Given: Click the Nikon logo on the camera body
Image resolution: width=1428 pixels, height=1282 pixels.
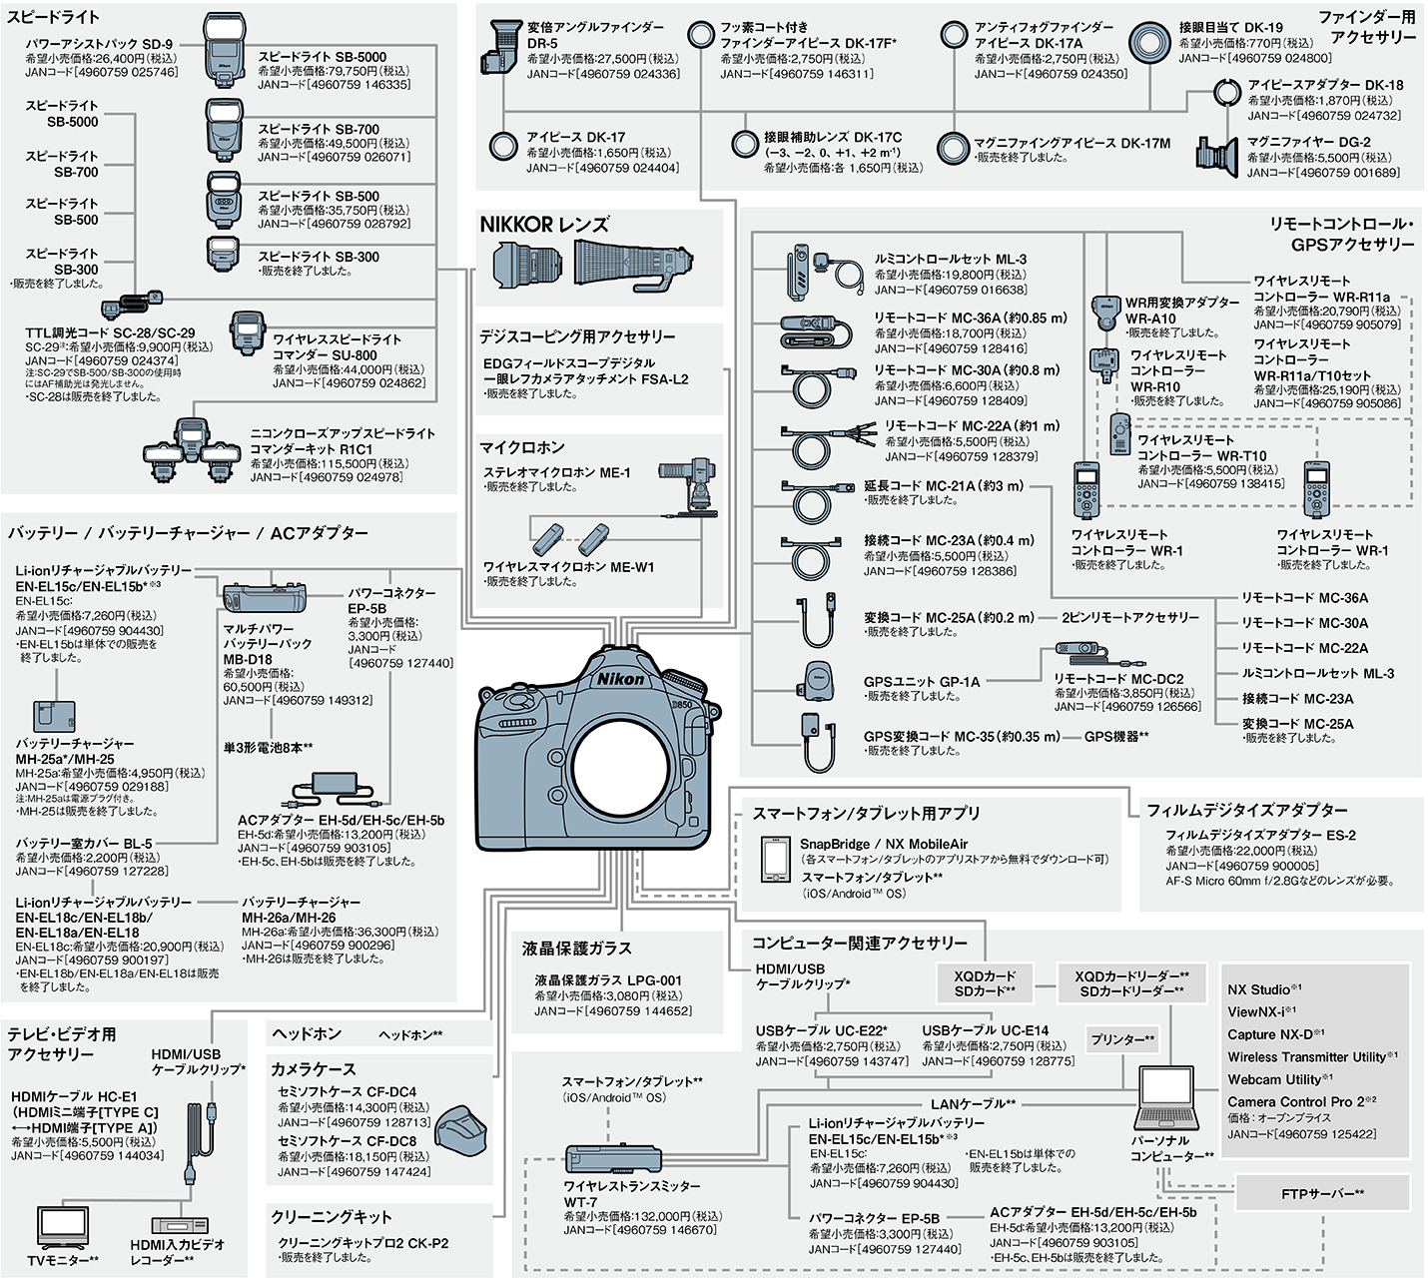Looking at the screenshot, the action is (620, 679).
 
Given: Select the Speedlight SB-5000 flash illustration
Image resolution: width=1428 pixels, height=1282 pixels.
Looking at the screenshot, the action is (224, 50).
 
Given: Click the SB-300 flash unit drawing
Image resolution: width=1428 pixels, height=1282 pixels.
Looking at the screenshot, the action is (222, 254).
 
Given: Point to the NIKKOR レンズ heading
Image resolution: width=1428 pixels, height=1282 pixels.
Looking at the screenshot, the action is (544, 225).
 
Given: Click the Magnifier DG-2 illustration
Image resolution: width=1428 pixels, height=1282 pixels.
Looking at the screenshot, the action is (1217, 157).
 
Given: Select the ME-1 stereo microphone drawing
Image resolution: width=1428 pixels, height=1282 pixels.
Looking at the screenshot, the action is (690, 489).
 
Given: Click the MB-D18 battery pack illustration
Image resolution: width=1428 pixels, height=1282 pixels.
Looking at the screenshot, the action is (265, 598).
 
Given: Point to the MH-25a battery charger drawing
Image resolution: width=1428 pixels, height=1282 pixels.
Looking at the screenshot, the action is (54, 716).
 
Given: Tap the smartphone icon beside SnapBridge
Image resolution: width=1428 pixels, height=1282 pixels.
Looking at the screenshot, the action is (775, 859).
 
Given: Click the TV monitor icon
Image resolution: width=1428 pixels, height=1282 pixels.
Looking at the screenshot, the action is (63, 1228).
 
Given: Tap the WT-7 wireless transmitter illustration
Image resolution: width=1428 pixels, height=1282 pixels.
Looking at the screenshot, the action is (613, 1159).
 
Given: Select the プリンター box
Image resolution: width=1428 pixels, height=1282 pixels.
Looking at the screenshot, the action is (1122, 1038).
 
